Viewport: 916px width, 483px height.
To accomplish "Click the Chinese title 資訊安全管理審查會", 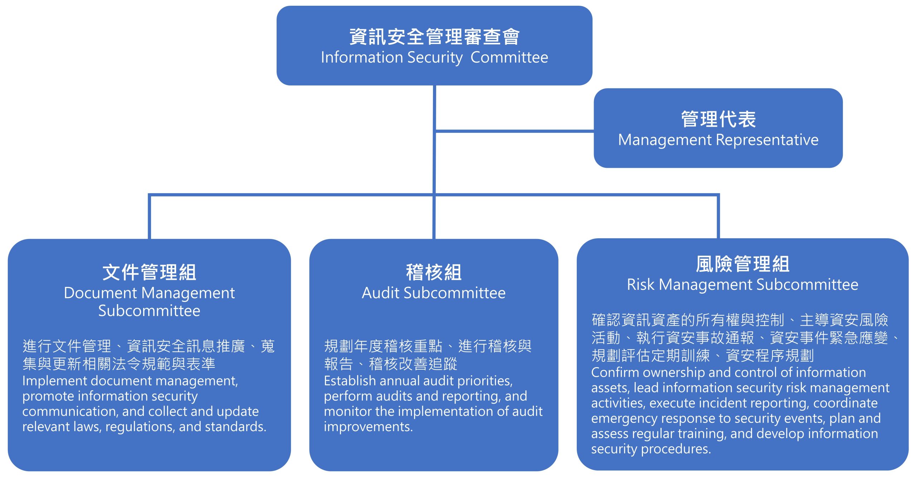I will point(434,37).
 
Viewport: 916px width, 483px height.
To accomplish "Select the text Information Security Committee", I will point(434,58).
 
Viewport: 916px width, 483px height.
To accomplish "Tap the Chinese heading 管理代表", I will point(718,119).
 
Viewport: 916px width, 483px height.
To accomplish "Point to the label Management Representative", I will point(718,140).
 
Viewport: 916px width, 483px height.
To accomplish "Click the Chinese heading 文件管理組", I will point(149,272).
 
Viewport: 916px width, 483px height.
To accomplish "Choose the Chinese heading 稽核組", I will point(434,272).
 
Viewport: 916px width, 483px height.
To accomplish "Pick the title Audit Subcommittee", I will point(434,293).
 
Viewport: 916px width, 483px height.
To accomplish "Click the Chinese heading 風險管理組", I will point(742,264).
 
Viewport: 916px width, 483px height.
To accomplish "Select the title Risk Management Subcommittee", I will point(742,285).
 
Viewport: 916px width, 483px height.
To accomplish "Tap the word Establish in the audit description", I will point(350,381).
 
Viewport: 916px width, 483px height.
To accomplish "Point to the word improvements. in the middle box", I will point(368,426).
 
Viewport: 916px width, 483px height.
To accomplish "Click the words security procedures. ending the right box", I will point(651,449).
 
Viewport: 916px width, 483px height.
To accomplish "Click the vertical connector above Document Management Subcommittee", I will point(149,217).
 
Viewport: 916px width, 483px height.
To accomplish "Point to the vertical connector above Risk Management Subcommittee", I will point(718,217).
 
